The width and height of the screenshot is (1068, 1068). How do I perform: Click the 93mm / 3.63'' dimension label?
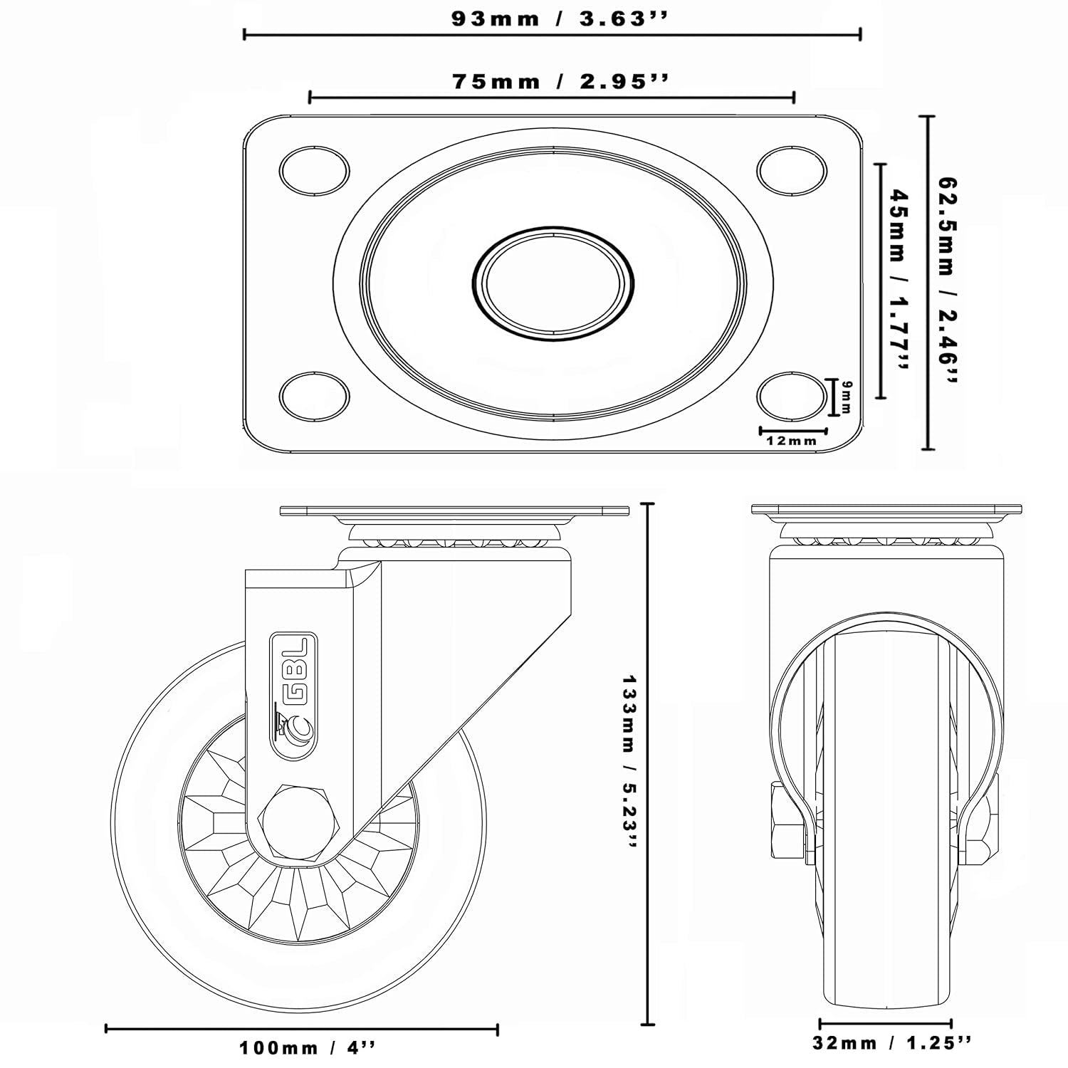point(560,19)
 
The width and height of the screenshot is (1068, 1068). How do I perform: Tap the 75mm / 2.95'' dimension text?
point(560,81)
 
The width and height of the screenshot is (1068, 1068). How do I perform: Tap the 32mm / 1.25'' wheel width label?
point(891,1043)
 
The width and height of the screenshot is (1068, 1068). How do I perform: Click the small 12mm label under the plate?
point(792,441)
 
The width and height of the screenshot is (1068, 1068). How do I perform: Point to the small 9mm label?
point(846,397)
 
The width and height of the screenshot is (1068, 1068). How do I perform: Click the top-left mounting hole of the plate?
point(314,171)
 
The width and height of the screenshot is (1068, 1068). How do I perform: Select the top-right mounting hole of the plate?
point(792,171)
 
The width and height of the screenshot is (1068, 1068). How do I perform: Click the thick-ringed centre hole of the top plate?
point(553,283)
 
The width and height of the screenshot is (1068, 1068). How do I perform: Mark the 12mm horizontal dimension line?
point(793,431)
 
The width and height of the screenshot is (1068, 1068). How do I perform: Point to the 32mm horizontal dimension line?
point(885,1024)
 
